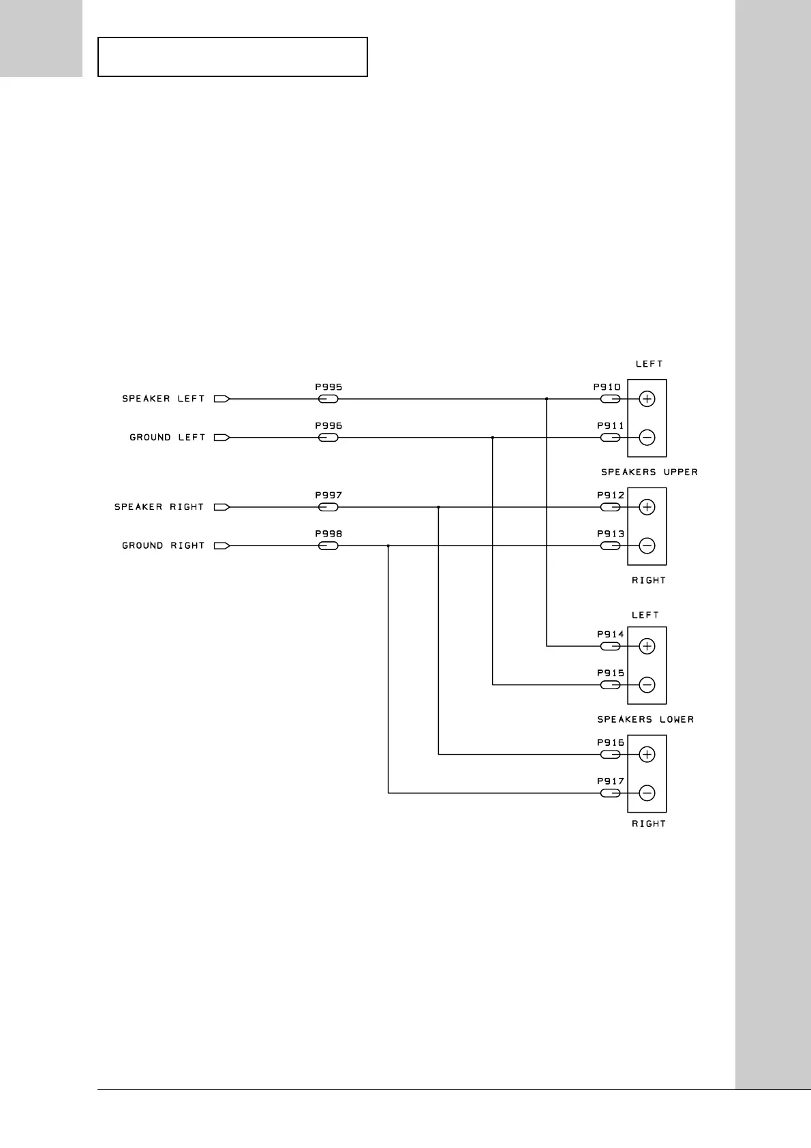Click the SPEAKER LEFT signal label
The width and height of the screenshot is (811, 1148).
coord(163,399)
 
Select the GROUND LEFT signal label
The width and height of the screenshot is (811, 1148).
coord(167,438)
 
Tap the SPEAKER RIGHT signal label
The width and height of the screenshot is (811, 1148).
coord(159,507)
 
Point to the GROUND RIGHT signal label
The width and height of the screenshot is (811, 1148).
coord(163,546)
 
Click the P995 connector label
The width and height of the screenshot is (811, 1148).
coord(328,387)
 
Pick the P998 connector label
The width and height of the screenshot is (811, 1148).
coord(328,534)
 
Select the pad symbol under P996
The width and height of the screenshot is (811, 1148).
coord(328,438)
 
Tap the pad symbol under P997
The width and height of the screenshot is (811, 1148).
coord(328,507)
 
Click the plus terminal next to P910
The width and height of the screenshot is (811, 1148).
coord(647,399)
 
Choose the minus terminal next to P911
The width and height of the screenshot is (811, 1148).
coord(647,438)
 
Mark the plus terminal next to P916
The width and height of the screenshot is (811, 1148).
coord(647,754)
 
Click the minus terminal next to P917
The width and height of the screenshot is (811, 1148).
coord(647,793)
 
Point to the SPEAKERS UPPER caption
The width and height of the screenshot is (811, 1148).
coord(649,472)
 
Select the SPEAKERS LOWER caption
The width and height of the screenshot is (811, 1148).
coord(645,720)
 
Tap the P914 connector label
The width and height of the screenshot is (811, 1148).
coord(611,635)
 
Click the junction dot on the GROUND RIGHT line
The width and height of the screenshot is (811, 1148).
coord(388,546)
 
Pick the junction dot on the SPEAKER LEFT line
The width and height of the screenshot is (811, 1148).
coord(547,399)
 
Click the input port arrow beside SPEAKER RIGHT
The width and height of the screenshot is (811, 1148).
coord(222,507)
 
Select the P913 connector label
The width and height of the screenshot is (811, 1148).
coord(611,534)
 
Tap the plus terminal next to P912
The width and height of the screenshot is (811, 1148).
coord(647,507)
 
